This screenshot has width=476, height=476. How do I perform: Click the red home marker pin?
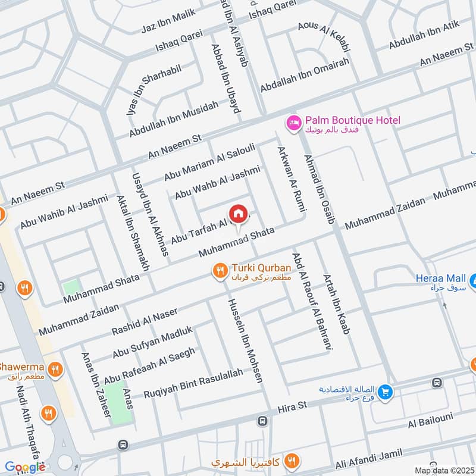(238, 214)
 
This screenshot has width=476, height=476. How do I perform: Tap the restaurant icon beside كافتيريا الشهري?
(291, 461)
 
